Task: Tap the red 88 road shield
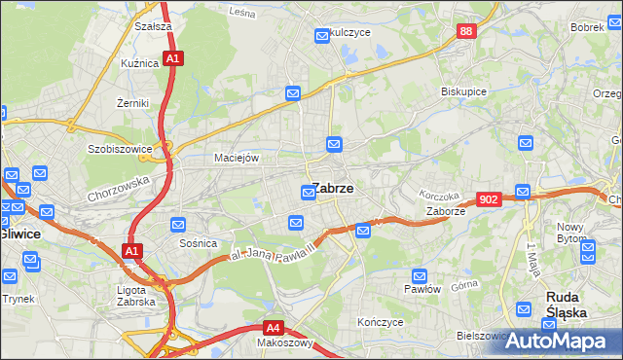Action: [467, 32]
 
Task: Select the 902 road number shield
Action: [490, 198]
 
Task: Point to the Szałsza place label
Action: [154, 26]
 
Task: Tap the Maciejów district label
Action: [236, 158]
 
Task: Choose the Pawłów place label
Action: [422, 289]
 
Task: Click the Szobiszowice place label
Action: [120, 150]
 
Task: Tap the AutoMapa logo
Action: [558, 341]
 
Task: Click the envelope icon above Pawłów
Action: [421, 275]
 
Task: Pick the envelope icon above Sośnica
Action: [178, 225]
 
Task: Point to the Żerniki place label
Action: [131, 102]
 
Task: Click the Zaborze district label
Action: [445, 210]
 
